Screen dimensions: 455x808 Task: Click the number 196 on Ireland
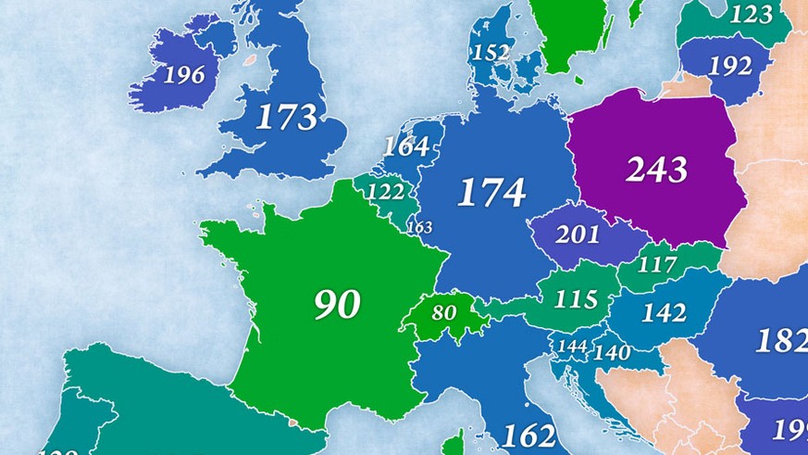tap(183, 75)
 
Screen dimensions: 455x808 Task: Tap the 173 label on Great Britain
tap(286, 118)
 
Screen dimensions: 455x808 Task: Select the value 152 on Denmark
tap(491, 53)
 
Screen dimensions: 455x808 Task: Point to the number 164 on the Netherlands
tap(406, 146)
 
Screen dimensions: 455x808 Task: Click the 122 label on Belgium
tap(385, 192)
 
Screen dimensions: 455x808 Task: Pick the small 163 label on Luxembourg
tap(419, 227)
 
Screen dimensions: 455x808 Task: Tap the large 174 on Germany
tap(491, 193)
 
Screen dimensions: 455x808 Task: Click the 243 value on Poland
tap(656, 170)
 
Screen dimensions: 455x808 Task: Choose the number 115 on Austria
tap(576, 300)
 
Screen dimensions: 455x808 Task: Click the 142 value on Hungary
tap(664, 313)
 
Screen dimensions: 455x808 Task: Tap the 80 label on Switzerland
tap(444, 313)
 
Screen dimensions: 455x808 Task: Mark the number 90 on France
tap(337, 305)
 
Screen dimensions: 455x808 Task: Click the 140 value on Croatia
tap(612, 353)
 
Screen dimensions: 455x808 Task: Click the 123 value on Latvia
tap(751, 15)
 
